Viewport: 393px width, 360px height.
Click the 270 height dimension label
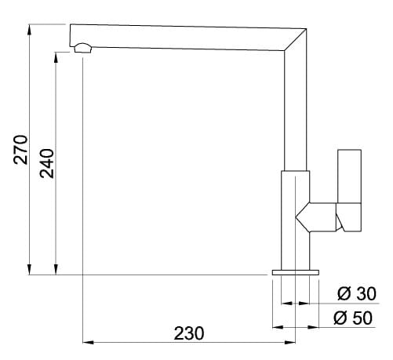pyautogui.click(x=21, y=149)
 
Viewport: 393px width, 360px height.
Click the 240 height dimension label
pyautogui.click(x=48, y=163)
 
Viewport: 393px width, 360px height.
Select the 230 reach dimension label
pyautogui.click(x=188, y=333)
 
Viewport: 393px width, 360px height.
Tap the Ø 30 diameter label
pyautogui.click(x=356, y=294)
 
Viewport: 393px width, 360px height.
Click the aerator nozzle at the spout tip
pyautogui.click(x=82, y=49)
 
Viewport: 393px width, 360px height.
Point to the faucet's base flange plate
pyautogui.click(x=296, y=271)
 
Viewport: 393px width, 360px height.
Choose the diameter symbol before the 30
pyautogui.click(x=343, y=294)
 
